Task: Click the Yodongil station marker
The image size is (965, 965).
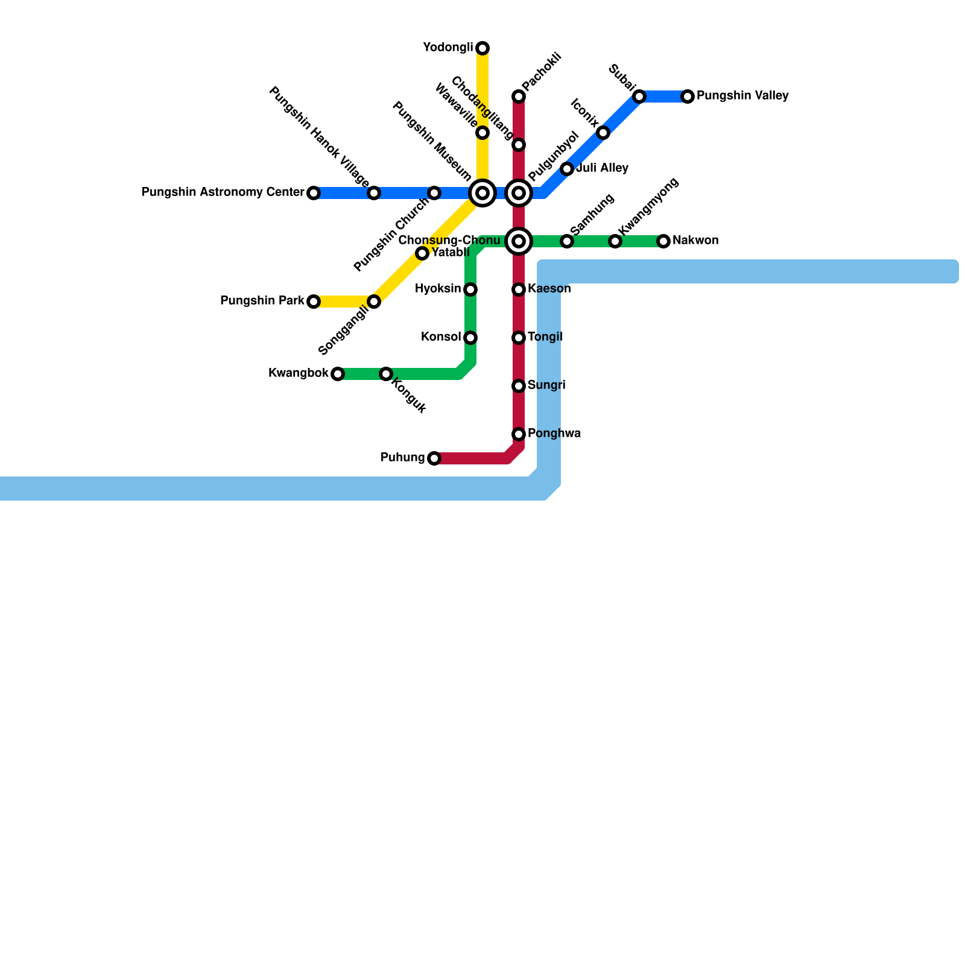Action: tap(482, 48)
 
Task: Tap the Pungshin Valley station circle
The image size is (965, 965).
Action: tap(688, 96)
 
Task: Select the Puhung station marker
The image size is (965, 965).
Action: tap(434, 458)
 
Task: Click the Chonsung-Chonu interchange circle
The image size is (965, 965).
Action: tap(519, 241)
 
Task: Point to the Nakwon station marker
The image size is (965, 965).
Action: tap(663, 241)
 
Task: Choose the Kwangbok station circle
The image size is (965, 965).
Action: tap(338, 374)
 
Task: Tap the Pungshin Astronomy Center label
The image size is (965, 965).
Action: tap(223, 192)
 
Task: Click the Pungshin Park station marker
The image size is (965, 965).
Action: tap(314, 302)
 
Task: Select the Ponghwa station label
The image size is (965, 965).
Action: tap(554, 434)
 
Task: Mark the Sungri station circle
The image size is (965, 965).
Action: tap(519, 386)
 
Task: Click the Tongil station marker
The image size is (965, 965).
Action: tap(519, 338)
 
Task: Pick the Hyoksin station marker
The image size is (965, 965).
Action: tap(470, 289)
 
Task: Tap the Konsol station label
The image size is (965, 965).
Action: tap(440, 337)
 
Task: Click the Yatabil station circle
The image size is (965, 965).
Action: tap(422, 253)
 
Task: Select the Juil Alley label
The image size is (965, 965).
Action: tap(602, 168)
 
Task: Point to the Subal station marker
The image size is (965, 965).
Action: tap(639, 96)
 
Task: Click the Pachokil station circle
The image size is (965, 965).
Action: tap(519, 96)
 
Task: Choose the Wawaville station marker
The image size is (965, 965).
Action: tap(482, 133)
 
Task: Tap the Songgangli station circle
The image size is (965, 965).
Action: tap(374, 302)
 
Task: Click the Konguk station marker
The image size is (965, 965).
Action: tap(386, 374)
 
